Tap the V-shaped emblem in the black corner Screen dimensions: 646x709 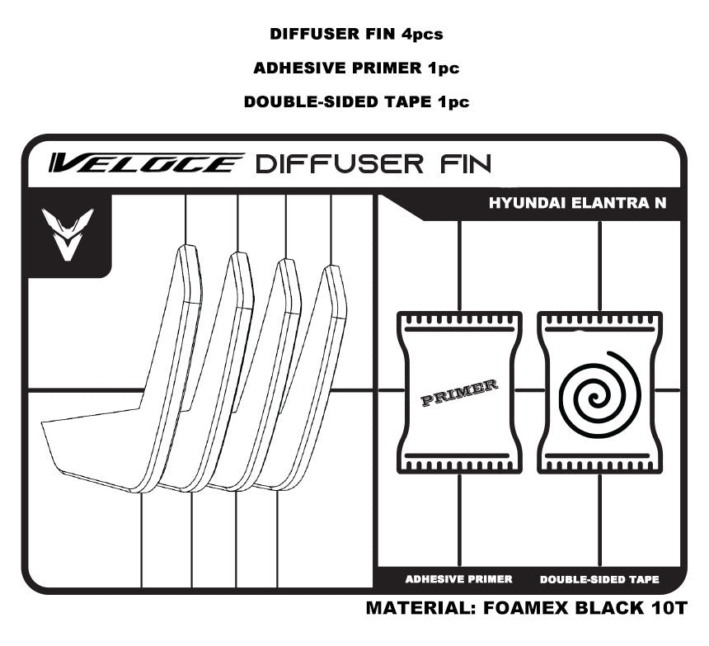tap(68, 234)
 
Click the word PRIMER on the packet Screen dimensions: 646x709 tap(459, 393)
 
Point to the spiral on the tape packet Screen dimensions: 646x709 tap(599, 394)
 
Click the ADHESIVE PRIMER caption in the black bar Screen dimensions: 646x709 tap(458, 579)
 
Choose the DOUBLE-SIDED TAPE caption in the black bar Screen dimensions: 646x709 tap(599, 579)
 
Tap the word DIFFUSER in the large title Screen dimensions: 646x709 tap(339, 163)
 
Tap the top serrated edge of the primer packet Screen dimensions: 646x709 tap(459, 319)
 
